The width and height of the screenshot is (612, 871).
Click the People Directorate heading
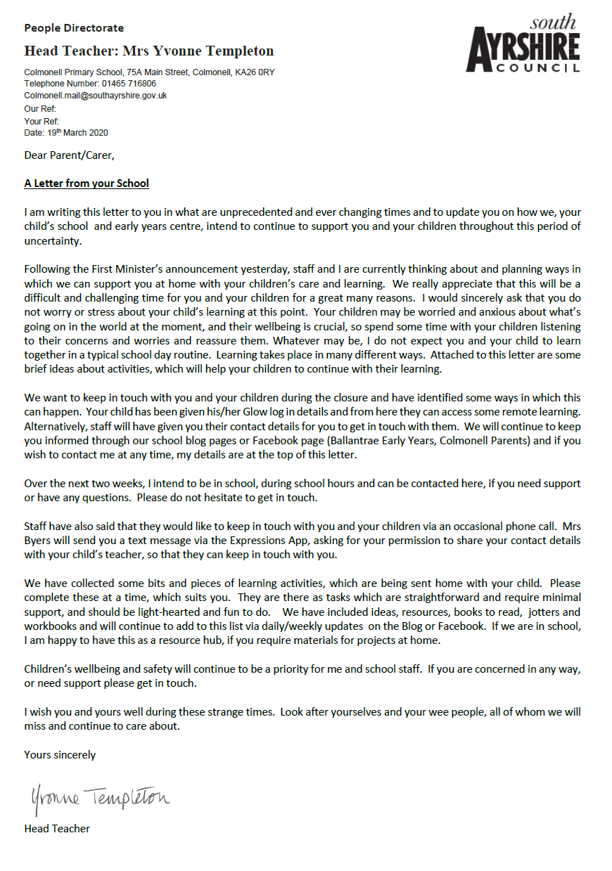tap(74, 29)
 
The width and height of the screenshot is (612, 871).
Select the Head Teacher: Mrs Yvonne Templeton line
tap(148, 51)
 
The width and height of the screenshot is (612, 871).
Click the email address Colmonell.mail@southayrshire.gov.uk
tap(95, 95)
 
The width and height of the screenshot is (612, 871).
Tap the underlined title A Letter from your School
tap(87, 183)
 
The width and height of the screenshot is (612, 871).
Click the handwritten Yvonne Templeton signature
tap(99, 798)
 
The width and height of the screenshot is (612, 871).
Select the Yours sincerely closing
tap(60, 755)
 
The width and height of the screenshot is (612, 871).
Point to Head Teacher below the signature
tap(57, 828)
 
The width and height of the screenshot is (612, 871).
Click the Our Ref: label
tap(40, 109)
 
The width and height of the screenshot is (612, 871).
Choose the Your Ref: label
tap(41, 121)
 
